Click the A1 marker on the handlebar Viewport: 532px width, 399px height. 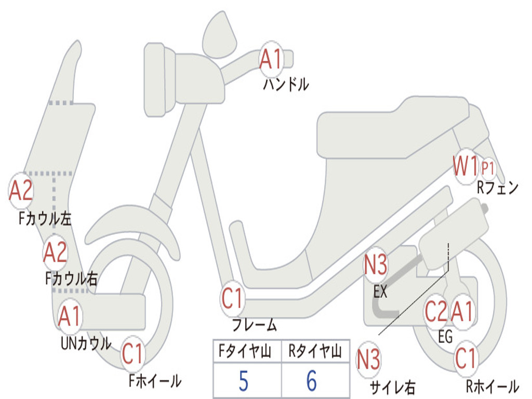click(x=271, y=58)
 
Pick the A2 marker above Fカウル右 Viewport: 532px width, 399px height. click(x=55, y=252)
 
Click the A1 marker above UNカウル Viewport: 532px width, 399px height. click(x=70, y=316)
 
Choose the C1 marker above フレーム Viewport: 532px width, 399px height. click(x=233, y=299)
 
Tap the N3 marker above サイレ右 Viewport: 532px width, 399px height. click(x=368, y=360)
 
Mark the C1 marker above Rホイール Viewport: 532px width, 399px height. click(x=465, y=357)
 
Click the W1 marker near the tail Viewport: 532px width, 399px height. click(x=465, y=167)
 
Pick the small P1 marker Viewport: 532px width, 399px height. click(x=488, y=168)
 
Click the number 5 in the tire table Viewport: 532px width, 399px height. click(x=244, y=381)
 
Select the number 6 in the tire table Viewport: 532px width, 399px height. click(x=312, y=381)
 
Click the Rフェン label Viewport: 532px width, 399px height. click(x=497, y=188)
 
